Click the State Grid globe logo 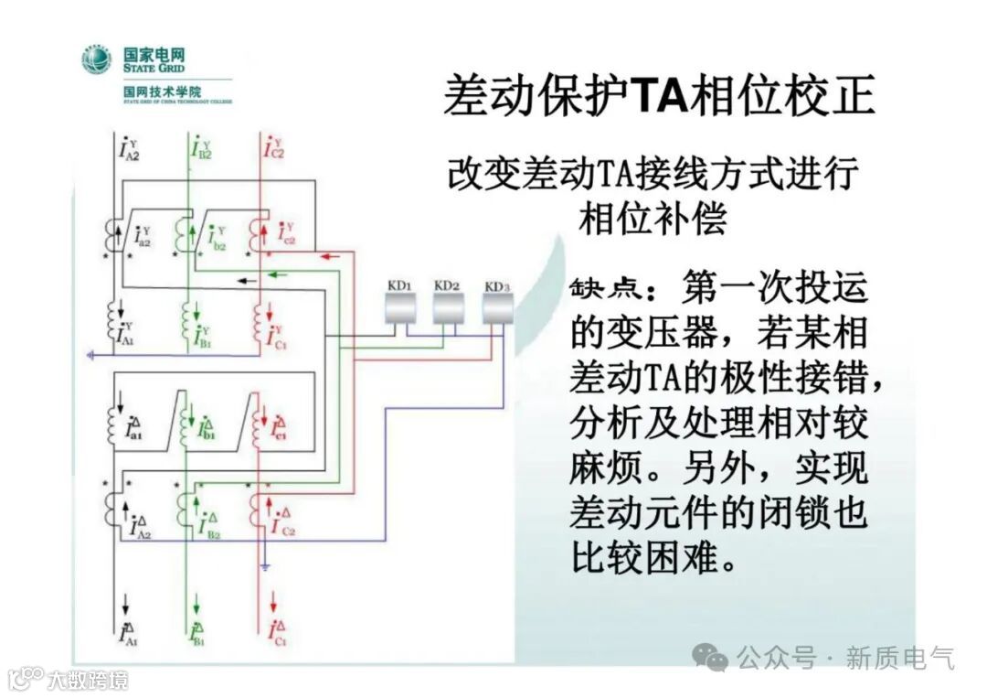point(97,59)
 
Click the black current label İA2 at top point(128,149)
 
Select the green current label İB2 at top point(202,148)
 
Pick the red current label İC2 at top point(273,148)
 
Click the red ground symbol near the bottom point(264,568)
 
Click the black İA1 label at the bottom point(126,634)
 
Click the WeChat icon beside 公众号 point(710,657)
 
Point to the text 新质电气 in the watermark point(900,657)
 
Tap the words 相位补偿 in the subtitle point(653,220)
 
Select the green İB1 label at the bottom point(198,633)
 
